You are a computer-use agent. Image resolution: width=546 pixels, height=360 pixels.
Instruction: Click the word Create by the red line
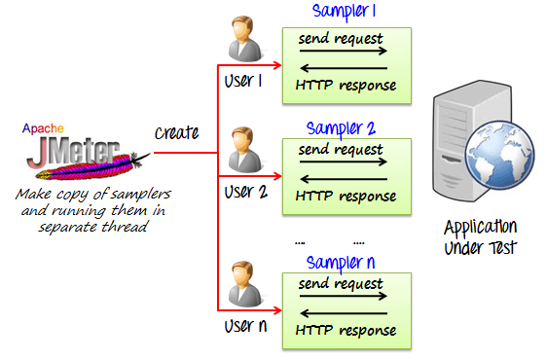pos(176,132)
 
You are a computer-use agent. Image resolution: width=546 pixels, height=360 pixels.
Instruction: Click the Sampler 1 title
pos(344,12)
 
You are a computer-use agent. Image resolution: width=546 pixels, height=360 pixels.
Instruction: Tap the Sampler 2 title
pos(341,127)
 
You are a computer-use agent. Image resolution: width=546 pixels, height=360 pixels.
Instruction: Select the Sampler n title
pos(341,262)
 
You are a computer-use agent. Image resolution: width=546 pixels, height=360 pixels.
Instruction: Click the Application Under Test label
pos(479,237)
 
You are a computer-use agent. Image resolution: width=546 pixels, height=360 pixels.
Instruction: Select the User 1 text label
pos(243,81)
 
